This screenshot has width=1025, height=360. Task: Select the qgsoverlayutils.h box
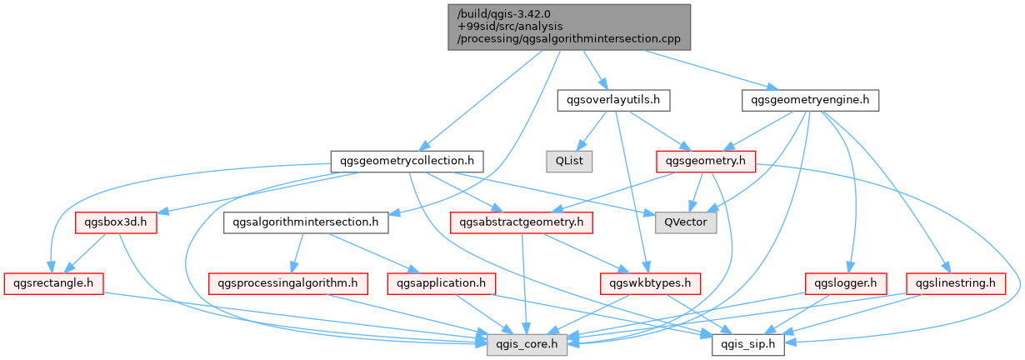[613, 101]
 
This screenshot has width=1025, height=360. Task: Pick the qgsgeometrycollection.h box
[407, 161]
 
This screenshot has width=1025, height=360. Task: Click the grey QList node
[569, 161]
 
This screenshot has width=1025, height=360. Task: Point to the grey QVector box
[686, 222]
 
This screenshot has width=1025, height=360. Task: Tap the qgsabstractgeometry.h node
[521, 222]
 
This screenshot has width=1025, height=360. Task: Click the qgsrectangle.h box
[53, 283]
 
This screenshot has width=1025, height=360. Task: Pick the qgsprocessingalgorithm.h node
[288, 283]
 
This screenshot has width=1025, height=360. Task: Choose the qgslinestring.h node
[955, 283]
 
